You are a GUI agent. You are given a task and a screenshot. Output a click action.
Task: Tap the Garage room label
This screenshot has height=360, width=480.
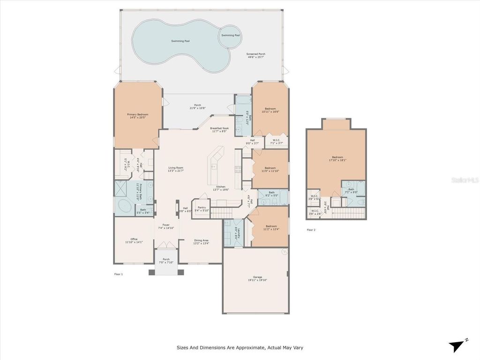coord(255,279)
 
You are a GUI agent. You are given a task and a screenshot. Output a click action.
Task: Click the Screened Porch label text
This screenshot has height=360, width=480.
coord(255,55)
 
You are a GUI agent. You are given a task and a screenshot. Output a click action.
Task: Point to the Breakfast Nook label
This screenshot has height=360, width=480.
coord(219,130)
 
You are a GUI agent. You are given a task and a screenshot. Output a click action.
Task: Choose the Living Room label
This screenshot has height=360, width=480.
coord(176,169)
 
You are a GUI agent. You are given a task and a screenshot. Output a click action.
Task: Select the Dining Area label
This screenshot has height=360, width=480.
coord(202,242)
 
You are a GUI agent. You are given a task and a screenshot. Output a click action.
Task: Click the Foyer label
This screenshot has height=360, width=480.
coord(166,226)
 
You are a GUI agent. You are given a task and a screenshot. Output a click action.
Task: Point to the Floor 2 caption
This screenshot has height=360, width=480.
coord(311,230)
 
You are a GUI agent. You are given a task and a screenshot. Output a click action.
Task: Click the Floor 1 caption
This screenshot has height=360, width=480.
coord(119,274)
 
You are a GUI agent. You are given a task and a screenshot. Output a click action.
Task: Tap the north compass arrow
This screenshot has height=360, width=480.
coord(456,346)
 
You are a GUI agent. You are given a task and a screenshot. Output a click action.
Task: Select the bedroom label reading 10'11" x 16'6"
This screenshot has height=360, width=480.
coord(270,110)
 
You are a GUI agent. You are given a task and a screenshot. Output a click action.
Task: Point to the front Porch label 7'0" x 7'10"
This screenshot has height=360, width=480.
coord(166,261)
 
